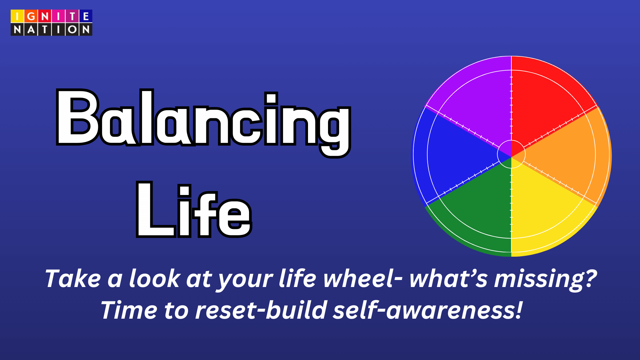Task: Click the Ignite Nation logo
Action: [x=51, y=23]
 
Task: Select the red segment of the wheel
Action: [x=547, y=100]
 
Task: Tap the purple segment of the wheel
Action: [x=477, y=100]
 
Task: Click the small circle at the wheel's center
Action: [x=511, y=154]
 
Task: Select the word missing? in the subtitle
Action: [x=545, y=279]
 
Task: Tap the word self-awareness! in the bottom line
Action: [x=428, y=310]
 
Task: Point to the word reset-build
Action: [x=261, y=310]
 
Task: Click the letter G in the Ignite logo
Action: [x=31, y=16]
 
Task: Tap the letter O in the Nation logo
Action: [x=72, y=29]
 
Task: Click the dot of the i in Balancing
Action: [x=271, y=98]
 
